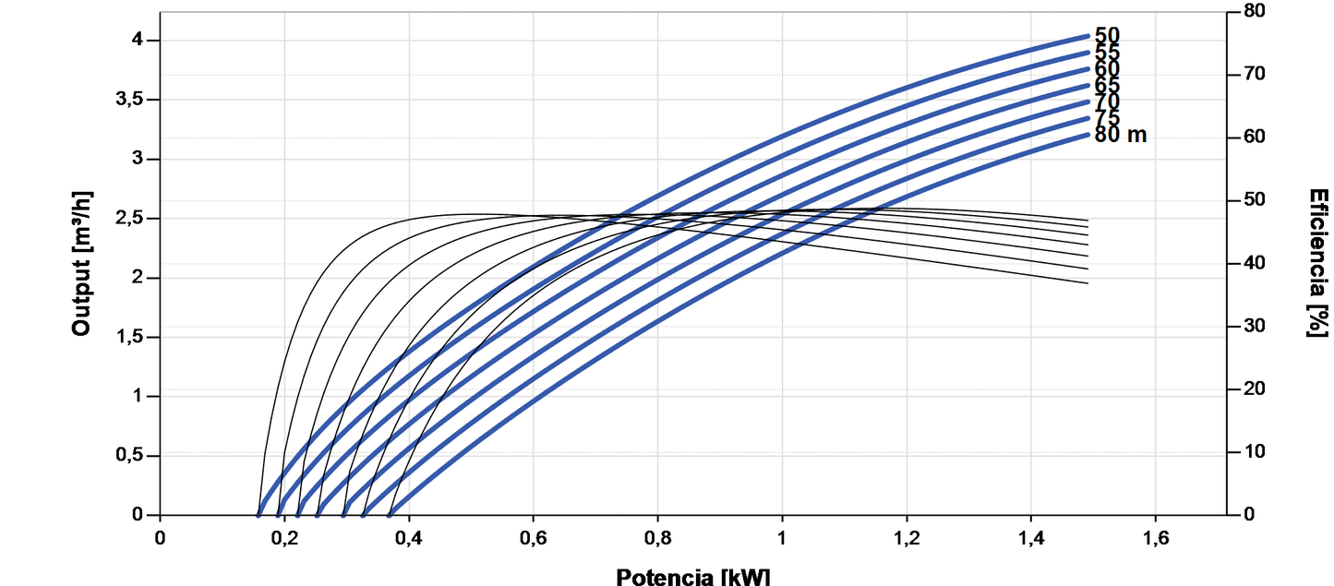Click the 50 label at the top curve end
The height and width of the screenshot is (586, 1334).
pyautogui.click(x=1107, y=36)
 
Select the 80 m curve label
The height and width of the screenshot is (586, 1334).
pyautogui.click(x=1120, y=135)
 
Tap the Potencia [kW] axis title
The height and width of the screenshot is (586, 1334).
pyautogui.click(x=692, y=576)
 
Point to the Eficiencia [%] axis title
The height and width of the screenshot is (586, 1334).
pyautogui.click(x=1317, y=263)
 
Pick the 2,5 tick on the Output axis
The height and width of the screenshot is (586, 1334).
pyautogui.click(x=130, y=219)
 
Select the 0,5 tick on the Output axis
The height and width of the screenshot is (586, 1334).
pyautogui.click(x=130, y=456)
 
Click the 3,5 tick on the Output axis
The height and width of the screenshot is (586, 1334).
pyautogui.click(x=130, y=100)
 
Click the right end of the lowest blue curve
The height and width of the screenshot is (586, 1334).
pyautogui.click(x=1088, y=135)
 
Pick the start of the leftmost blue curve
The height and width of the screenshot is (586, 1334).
pyautogui.click(x=258, y=513)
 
